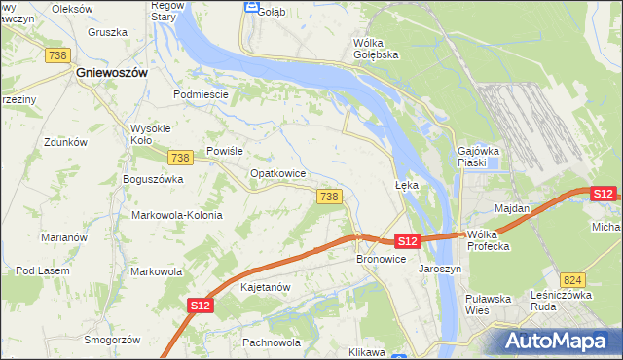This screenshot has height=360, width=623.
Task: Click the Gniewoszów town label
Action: [x=112, y=73]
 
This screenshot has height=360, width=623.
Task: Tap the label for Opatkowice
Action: [x=278, y=173]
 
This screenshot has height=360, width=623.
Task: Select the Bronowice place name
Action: [x=379, y=260]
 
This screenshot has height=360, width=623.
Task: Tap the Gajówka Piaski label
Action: [x=478, y=157]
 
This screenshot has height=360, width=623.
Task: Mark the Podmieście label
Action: [x=201, y=94]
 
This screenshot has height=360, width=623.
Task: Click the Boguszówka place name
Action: [x=153, y=180]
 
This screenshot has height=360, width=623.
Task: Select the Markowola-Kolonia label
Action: [x=176, y=215]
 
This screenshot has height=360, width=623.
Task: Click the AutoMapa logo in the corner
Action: [x=558, y=342]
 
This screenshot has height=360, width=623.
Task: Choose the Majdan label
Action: [x=512, y=208]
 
